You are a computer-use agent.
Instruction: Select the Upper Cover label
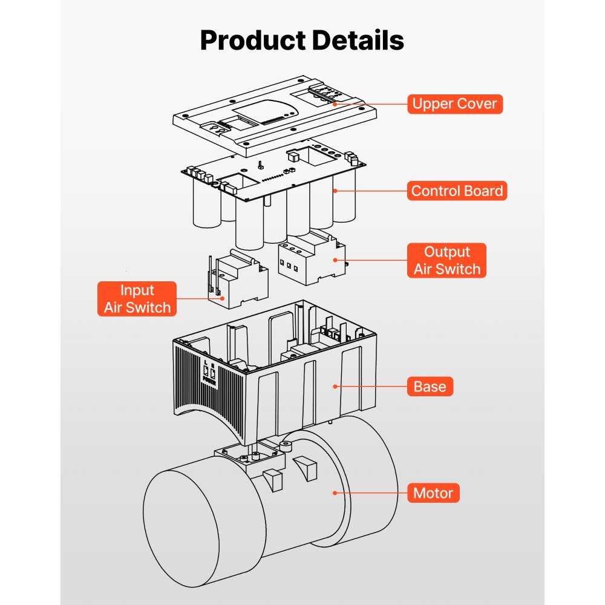(x=454, y=103)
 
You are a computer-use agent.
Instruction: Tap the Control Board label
(x=457, y=191)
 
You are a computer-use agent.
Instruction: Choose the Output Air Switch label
(x=446, y=261)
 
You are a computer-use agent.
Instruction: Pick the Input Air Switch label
(x=137, y=299)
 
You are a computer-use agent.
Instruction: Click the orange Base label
(x=430, y=386)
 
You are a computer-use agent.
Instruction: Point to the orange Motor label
(x=433, y=493)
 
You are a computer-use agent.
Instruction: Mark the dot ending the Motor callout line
(x=334, y=493)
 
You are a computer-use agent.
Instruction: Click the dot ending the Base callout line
(x=334, y=386)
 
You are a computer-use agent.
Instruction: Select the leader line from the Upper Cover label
(x=369, y=103)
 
